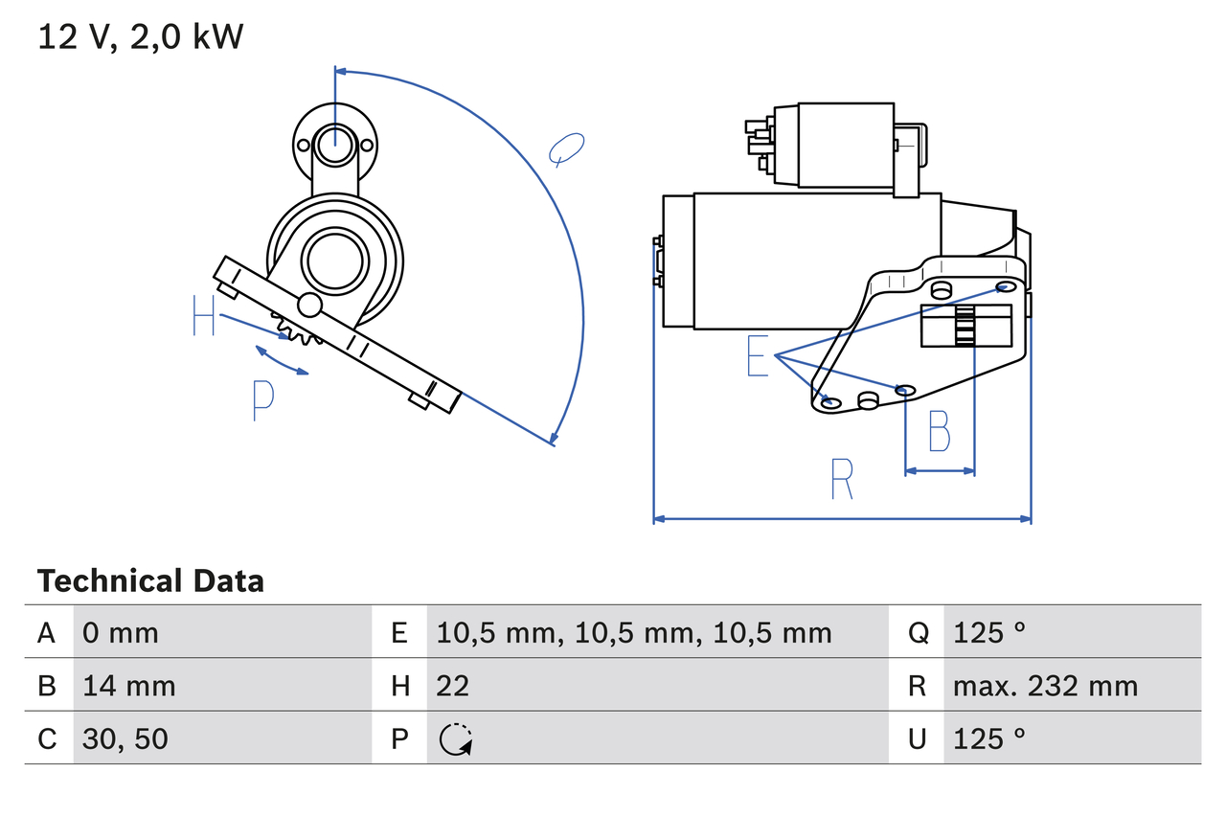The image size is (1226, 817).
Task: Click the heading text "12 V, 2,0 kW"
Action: click(141, 37)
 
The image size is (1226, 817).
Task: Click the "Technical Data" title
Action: click(150, 581)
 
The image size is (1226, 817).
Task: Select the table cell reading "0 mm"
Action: click(121, 632)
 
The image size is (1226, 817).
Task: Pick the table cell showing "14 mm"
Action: click(129, 686)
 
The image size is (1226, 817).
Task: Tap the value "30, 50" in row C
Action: click(125, 738)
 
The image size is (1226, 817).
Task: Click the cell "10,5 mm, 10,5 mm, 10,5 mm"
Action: click(634, 632)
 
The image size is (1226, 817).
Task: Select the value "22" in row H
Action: click(453, 686)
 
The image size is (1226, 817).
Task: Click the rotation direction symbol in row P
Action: click(455, 738)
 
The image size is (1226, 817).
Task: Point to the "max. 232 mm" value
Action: click(1045, 686)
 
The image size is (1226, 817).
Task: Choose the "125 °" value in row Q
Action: click(989, 632)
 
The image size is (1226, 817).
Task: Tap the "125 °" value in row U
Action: click(989, 738)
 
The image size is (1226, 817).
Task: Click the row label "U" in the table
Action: click(918, 738)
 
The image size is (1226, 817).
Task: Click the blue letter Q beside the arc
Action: click(566, 149)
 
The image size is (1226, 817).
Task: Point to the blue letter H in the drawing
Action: click(203, 316)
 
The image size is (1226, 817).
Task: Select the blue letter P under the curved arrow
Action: click(262, 400)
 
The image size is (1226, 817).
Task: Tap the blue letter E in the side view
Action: click(758, 357)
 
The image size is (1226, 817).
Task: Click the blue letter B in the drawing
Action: click(940, 431)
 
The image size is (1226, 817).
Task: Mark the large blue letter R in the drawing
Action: click(841, 479)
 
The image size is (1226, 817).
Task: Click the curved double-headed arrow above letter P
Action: click(281, 360)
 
